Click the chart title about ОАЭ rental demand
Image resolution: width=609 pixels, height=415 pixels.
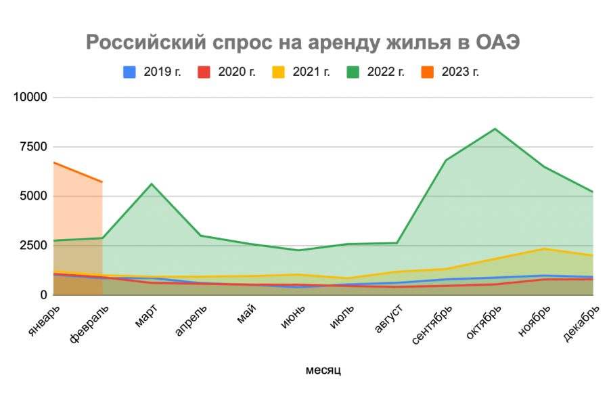coord(303,43)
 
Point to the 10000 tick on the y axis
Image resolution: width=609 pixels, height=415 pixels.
coord(30,97)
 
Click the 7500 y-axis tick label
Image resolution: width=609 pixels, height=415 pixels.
coord(32,146)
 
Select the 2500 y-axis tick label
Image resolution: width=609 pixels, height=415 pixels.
coord(32,245)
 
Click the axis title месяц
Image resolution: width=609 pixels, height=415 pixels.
coord(323,370)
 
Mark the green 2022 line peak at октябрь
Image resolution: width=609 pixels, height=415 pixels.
coord(495,129)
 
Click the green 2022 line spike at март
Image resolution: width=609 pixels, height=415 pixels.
coord(152,184)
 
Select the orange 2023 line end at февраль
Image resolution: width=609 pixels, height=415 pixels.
coord(102,182)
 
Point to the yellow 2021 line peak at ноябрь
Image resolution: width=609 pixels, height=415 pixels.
coord(545,248)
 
